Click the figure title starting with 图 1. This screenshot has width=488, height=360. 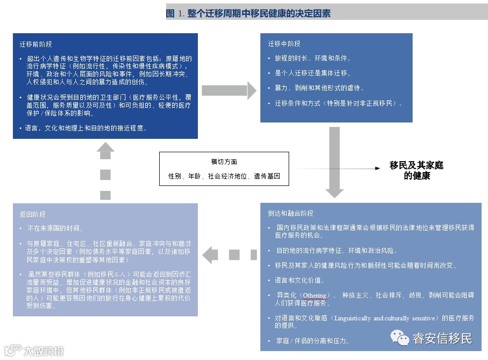[x=248, y=13]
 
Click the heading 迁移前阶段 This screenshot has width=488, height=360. [x=36, y=44]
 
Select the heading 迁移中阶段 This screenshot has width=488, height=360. [x=284, y=44]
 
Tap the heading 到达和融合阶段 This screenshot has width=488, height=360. [x=291, y=213]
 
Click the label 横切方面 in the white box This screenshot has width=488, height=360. [x=224, y=162]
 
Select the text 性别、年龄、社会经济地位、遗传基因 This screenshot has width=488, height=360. [x=224, y=176]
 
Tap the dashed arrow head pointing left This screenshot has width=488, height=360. [x=210, y=254]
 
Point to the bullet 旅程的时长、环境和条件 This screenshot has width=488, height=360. [x=313, y=58]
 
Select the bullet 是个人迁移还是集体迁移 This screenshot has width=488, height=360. [x=313, y=73]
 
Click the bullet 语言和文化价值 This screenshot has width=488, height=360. [x=300, y=280]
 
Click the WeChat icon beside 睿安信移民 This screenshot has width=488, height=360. [x=399, y=339]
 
